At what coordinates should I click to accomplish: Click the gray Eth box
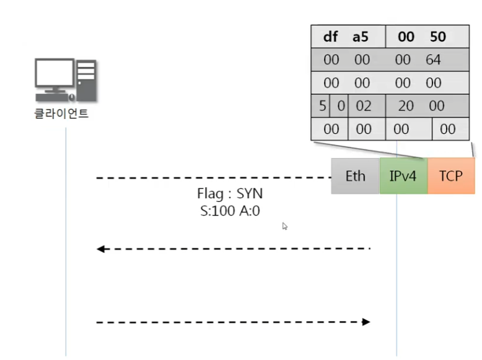(355, 176)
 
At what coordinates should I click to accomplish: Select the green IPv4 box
(403, 176)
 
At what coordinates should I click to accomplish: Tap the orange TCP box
(450, 176)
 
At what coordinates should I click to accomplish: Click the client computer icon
(65, 81)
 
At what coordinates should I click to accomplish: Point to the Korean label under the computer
(61, 113)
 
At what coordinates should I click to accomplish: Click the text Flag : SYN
(230, 193)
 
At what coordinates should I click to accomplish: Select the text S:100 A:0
(227, 211)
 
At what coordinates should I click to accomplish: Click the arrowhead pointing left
(100, 249)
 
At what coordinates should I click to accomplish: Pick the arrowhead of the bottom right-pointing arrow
(366, 322)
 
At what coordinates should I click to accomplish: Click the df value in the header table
(331, 37)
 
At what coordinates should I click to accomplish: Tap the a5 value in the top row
(360, 37)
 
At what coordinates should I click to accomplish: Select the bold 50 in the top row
(437, 37)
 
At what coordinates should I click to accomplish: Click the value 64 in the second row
(433, 60)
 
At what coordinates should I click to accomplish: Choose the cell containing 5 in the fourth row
(322, 106)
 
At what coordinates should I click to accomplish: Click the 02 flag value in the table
(363, 106)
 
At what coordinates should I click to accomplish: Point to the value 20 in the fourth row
(406, 106)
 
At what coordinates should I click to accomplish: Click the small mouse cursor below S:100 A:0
(285, 226)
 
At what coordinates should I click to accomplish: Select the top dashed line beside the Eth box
(211, 178)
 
